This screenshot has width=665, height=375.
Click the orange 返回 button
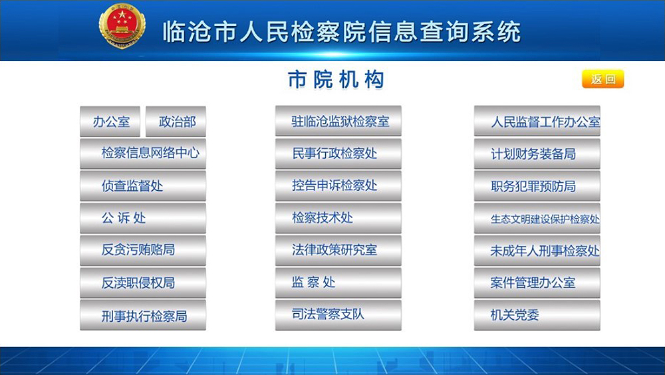coord(602,79)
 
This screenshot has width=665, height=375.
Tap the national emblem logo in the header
coord(122,27)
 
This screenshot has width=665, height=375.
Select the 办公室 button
coord(110,121)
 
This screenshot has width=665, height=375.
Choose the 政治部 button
coord(176,121)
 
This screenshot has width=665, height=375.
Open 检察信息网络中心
coord(143,154)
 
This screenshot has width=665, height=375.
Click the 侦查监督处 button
coord(143,186)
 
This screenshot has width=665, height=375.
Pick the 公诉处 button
coord(143,218)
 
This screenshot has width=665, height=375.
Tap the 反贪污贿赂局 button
coord(143,250)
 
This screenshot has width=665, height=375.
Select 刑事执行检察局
coord(143,315)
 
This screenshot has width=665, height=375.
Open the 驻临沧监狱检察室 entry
coord(338,121)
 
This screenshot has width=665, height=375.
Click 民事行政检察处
coord(338,154)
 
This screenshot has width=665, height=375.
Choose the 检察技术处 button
coord(338,218)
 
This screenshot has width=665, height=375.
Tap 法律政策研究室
coord(338,250)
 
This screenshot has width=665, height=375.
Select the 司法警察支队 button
coord(338,315)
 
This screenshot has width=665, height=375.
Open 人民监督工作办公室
coord(537,121)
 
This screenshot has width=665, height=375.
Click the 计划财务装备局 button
coord(537,154)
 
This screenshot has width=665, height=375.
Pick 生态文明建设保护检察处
coord(537,218)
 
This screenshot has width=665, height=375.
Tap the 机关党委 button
coord(537,315)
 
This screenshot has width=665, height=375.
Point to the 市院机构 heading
coord(336,80)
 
